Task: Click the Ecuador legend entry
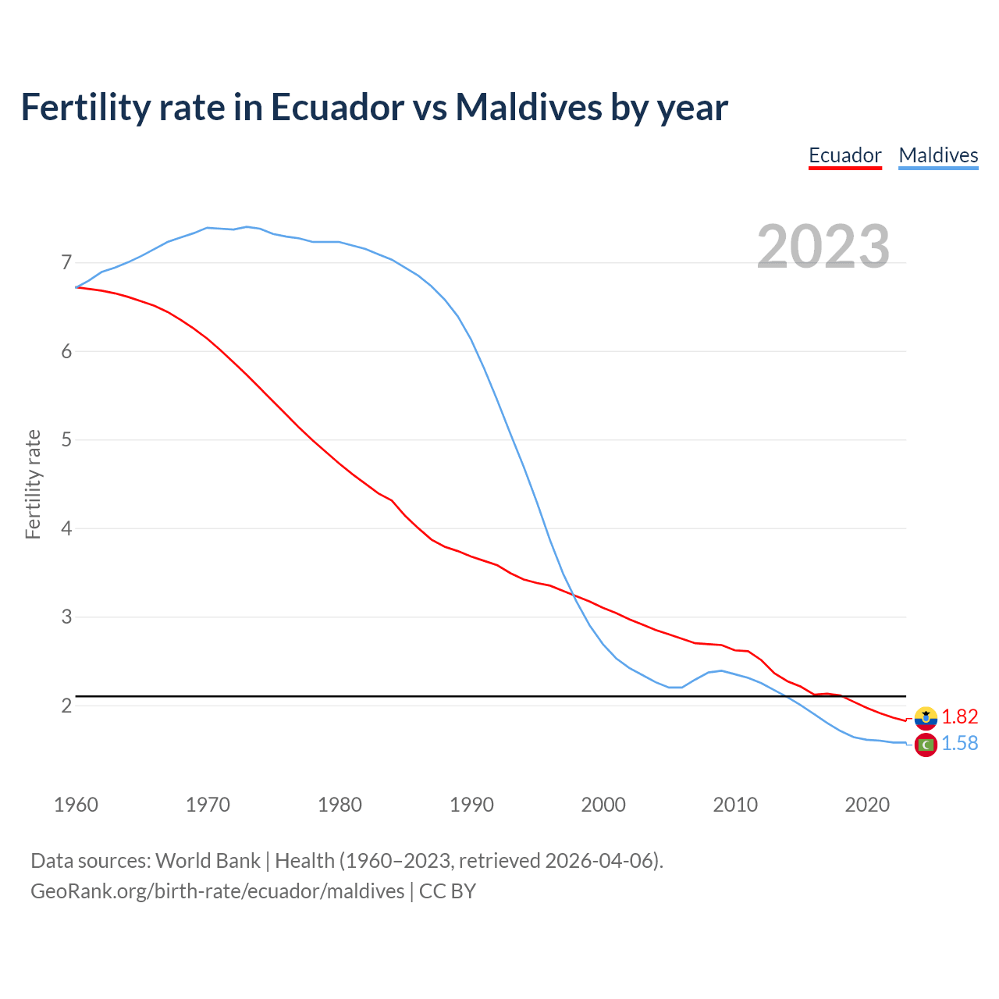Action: click(x=844, y=155)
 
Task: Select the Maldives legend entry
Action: click(x=938, y=155)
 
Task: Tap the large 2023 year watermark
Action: click(x=823, y=247)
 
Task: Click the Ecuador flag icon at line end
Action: click(x=926, y=717)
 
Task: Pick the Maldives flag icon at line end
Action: click(x=926, y=745)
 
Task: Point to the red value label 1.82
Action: click(x=959, y=716)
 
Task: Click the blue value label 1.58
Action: click(x=959, y=744)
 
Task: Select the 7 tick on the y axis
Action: click(x=66, y=263)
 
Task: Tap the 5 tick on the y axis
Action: click(x=66, y=440)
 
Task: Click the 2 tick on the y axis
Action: click(x=66, y=706)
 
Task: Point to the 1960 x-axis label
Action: click(x=76, y=805)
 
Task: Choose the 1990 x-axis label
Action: click(x=471, y=805)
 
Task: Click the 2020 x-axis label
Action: click(x=867, y=805)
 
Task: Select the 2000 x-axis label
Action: click(x=603, y=805)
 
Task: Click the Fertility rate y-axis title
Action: click(x=33, y=484)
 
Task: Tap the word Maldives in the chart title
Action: click(x=528, y=107)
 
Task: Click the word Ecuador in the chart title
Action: click(x=337, y=107)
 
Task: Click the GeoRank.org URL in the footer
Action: click(x=217, y=891)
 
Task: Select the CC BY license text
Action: click(x=447, y=891)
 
